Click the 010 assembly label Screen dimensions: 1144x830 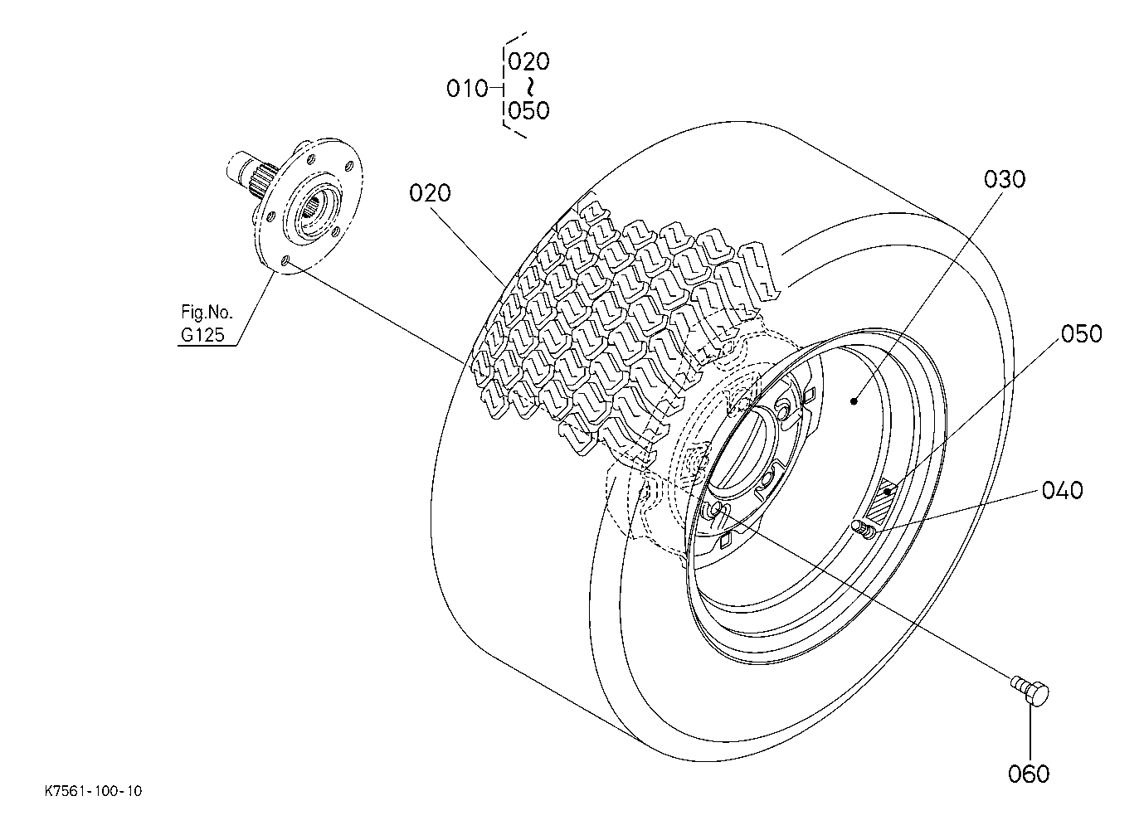(467, 89)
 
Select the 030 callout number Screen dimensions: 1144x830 (1004, 180)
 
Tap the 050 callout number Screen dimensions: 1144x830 (1081, 334)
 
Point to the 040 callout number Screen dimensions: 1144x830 (1062, 490)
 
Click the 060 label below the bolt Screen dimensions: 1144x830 (1029, 774)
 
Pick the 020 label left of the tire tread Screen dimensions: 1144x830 (430, 193)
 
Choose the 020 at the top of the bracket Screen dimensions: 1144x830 (528, 61)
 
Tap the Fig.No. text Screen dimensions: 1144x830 (207, 312)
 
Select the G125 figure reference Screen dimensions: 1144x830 (202, 335)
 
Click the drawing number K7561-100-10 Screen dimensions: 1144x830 (94, 791)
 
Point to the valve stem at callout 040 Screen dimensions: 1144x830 (863, 529)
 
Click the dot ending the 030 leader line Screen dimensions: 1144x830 (854, 401)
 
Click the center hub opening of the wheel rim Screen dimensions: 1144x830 (743, 449)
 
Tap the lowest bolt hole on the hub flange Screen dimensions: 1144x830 (286, 261)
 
